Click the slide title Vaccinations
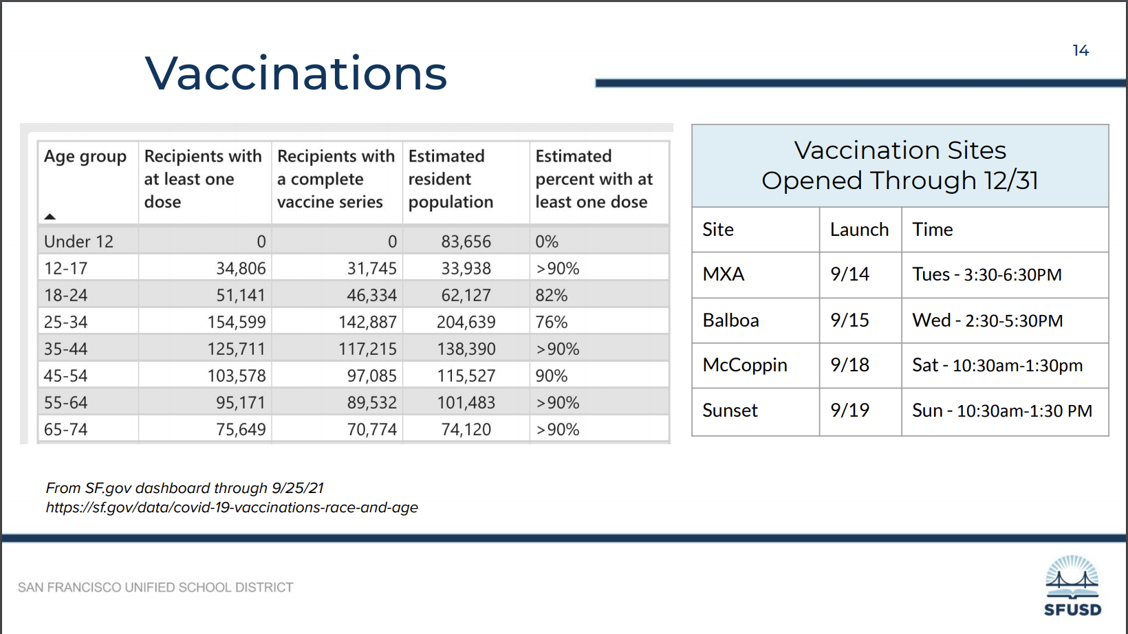(296, 74)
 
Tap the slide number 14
(1081, 50)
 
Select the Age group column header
(85, 157)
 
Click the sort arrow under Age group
(50, 217)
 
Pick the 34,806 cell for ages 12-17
(241, 268)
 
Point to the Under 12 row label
(78, 242)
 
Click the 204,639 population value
(466, 322)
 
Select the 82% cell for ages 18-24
(552, 295)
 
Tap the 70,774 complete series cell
(371, 430)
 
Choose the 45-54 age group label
(65, 375)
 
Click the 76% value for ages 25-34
(552, 322)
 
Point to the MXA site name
(723, 274)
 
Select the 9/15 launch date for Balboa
(849, 320)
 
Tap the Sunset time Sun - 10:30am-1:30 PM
(1002, 411)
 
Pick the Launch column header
(859, 230)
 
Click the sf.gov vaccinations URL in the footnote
(232, 507)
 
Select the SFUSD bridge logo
(1072, 585)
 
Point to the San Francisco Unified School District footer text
(155, 588)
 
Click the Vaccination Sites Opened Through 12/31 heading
(900, 165)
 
